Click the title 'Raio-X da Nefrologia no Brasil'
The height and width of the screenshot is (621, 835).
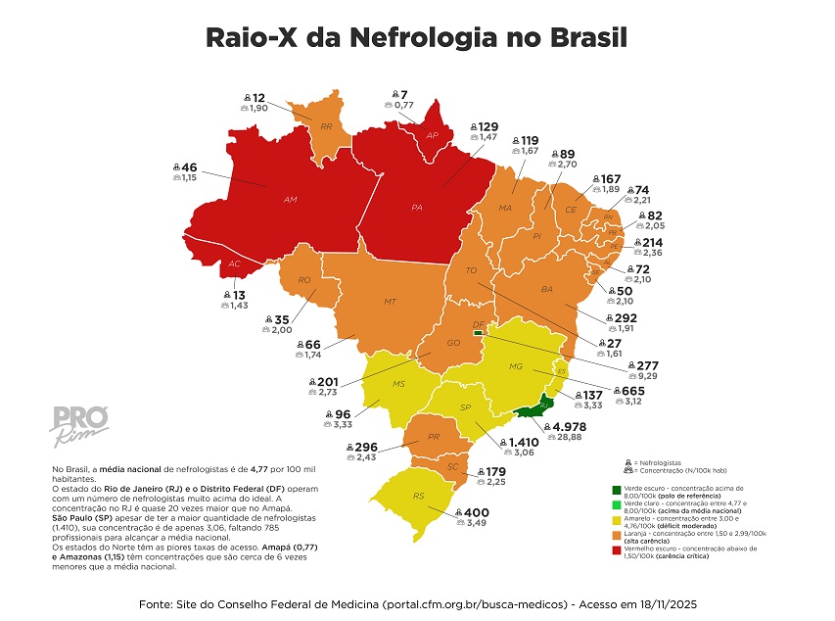point(416,37)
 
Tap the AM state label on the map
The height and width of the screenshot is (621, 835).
point(290,200)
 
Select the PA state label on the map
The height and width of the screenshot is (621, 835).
point(417,208)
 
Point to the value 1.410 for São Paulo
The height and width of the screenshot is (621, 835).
point(529,442)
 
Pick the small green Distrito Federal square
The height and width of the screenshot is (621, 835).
point(478,333)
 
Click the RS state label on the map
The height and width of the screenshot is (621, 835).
point(418,496)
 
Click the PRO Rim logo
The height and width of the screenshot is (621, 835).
point(71,416)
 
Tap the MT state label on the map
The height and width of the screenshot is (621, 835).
point(390,301)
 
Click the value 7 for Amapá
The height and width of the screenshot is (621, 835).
point(404,94)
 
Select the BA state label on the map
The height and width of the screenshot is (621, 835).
point(545,290)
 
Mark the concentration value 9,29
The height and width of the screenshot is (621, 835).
point(619,375)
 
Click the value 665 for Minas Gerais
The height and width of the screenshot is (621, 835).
point(632,390)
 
